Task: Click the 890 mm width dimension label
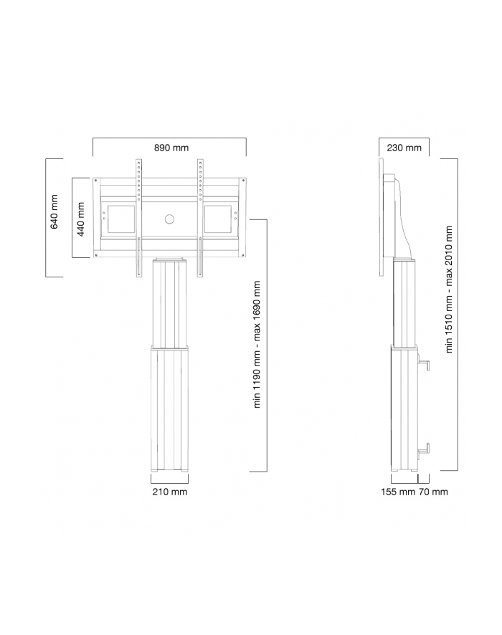click(171, 148)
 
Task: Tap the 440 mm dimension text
click(81, 219)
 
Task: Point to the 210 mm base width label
click(170, 492)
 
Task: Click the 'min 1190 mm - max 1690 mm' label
click(257, 344)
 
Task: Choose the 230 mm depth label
click(404, 148)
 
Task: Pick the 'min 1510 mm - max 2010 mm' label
click(449, 290)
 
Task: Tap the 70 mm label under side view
click(433, 492)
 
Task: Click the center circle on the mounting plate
click(170, 219)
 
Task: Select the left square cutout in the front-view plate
click(121, 219)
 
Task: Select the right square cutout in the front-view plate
click(218, 219)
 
